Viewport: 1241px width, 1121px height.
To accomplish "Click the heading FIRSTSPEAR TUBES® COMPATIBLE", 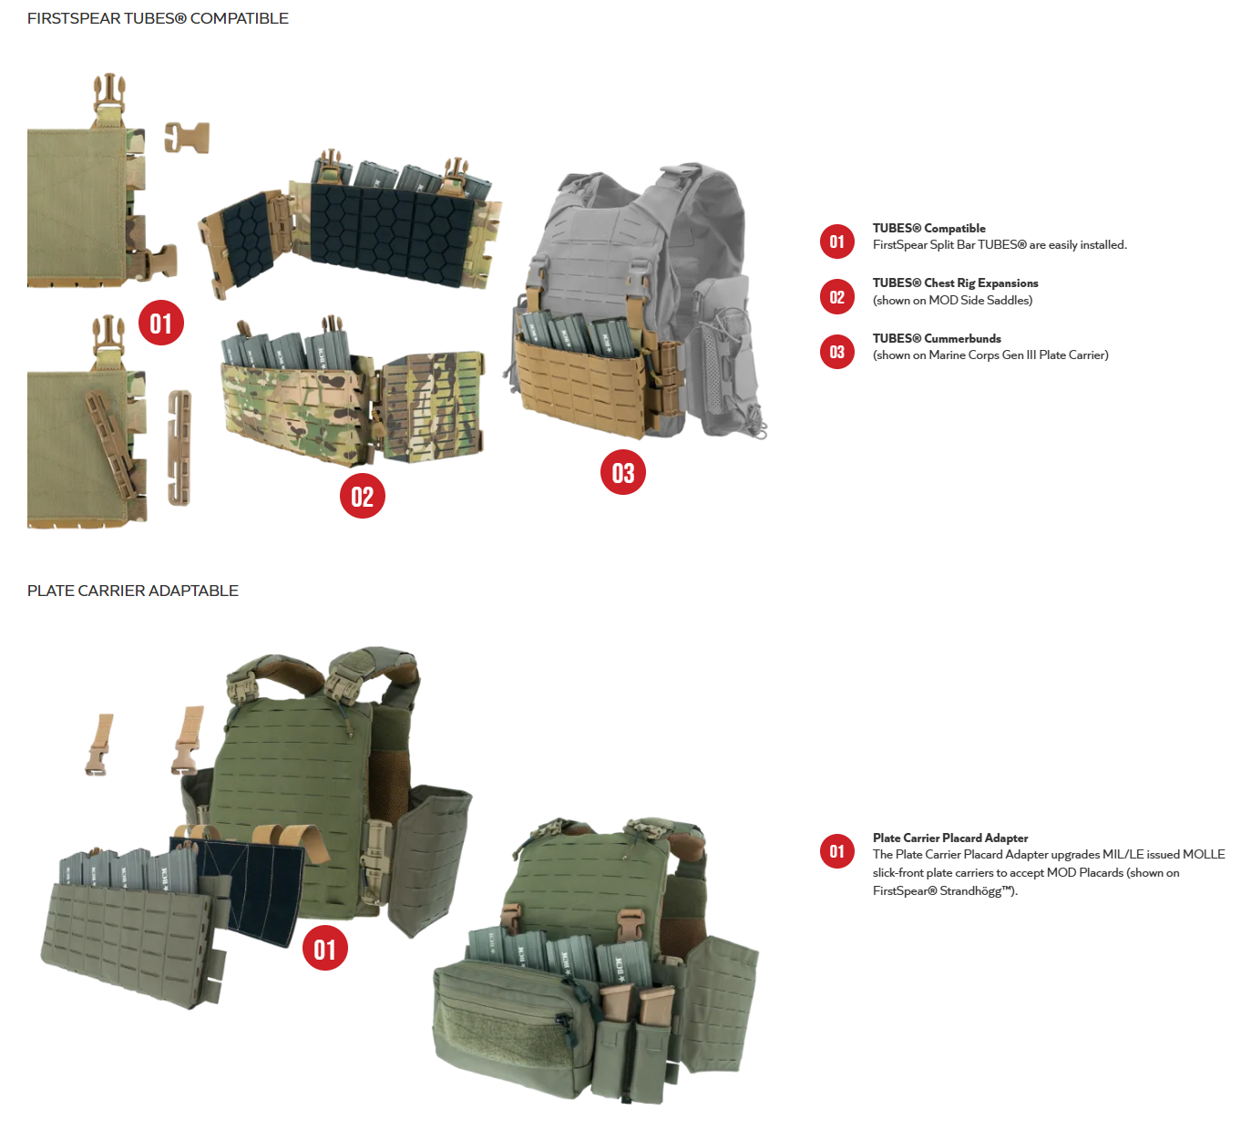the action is coord(158,18).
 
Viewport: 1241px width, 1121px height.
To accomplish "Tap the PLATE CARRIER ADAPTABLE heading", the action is coord(133,591).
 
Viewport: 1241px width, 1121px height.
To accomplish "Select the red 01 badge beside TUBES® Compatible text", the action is coord(836,242).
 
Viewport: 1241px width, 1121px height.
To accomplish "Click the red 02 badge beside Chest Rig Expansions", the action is coord(836,297).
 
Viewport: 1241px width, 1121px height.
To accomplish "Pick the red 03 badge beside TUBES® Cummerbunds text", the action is coord(836,352).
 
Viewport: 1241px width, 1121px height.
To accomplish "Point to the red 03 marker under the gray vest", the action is coord(623,472).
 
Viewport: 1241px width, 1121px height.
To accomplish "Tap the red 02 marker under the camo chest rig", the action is coord(362,496).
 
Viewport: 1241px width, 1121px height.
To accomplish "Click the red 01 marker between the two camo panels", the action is coord(161,323).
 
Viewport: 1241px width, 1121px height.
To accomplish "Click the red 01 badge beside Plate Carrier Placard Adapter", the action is coord(836,851).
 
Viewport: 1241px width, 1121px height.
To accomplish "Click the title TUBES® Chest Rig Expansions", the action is coord(955,283).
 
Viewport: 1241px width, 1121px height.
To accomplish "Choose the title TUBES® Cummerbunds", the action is coord(937,338).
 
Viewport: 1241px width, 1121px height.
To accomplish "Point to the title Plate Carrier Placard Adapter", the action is coord(950,838).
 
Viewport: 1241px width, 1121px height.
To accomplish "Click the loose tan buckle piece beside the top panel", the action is coord(187,137).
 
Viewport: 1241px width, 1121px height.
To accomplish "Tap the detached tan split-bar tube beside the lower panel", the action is coord(180,447).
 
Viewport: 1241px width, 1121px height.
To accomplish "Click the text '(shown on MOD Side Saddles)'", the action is coord(952,300).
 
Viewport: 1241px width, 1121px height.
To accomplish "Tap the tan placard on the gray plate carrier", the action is coord(583,387).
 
